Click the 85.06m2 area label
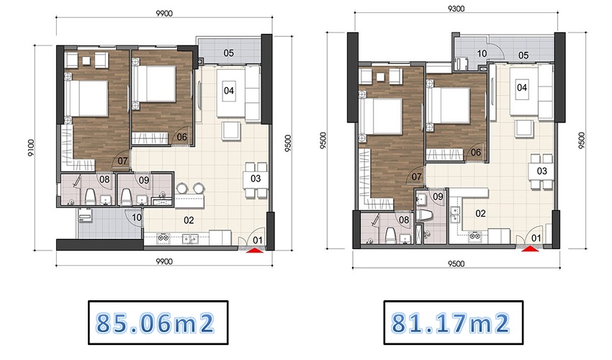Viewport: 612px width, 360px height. pos(156,323)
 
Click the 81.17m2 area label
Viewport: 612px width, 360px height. pos(451,323)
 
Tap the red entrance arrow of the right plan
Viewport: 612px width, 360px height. pos(531,248)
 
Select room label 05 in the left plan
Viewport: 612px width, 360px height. pos(229,53)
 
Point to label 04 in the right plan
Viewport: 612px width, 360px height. pos(522,87)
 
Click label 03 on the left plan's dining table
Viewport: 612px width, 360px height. pos(256,179)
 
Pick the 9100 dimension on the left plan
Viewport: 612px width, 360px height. pos(31,148)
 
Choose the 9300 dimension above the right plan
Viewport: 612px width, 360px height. pos(456,9)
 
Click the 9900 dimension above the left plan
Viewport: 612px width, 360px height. pos(164,13)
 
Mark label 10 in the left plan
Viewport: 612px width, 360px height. pos(137,217)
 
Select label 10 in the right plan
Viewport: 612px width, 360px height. pos(482,53)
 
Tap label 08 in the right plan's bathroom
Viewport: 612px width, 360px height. pos(404,220)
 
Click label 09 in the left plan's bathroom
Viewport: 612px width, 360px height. pos(144,180)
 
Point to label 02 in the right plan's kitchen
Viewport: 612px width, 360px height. pos(480,214)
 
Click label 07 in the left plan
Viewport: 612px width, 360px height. pos(122,161)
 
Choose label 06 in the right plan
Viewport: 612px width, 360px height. pos(476,152)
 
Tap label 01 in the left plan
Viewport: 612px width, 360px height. pos(258,240)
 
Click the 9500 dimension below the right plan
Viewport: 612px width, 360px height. pos(456,264)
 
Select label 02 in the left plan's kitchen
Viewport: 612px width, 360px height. pos(189,220)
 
